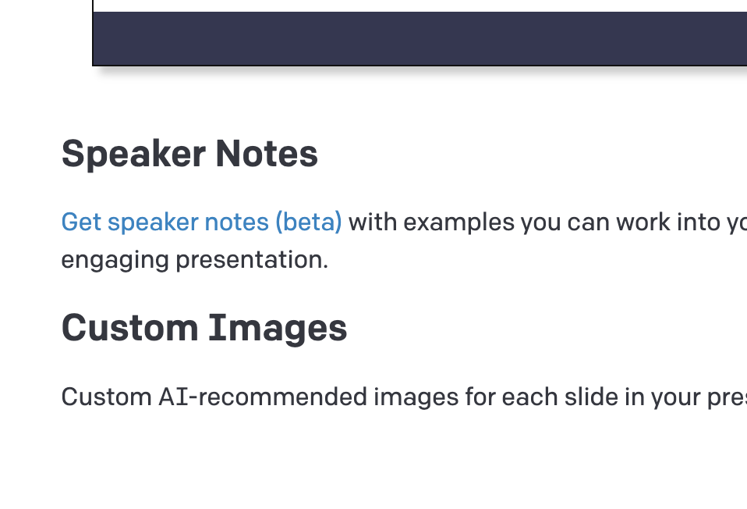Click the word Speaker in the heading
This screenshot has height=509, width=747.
coord(133,155)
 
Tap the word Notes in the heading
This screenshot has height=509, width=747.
coord(267,154)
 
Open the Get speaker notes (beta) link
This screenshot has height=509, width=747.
coord(201,222)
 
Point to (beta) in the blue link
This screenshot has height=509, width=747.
coord(309,222)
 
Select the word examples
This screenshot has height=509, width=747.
coord(458,222)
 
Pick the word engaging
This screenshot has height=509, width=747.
coord(115,261)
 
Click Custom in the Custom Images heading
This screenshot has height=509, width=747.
coord(129,328)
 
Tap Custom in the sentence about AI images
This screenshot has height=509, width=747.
coord(107,397)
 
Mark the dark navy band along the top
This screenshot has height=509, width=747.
coord(420,38)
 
